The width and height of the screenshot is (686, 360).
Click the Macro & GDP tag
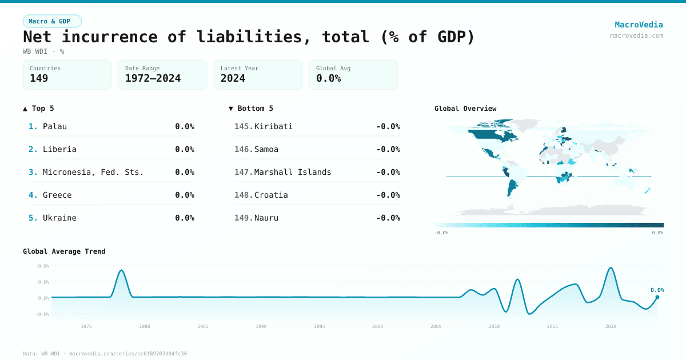pyautogui.click(x=52, y=21)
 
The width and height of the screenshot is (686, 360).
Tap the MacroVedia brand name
pyautogui.click(x=639, y=25)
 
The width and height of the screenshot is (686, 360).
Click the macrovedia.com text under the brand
pyautogui.click(x=636, y=35)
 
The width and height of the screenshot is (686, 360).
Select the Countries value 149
pyautogui.click(x=39, y=78)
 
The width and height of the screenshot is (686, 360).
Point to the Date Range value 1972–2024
pyautogui.click(x=153, y=78)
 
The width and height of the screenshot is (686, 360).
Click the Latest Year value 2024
pyautogui.click(x=233, y=78)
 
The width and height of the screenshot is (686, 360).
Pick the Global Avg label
pyautogui.click(x=333, y=69)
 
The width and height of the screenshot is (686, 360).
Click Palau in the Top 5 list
pyautogui.click(x=55, y=126)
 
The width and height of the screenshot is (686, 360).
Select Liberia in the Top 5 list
pyautogui.click(x=59, y=149)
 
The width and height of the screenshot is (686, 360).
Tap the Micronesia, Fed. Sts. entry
pyautogui.click(x=93, y=172)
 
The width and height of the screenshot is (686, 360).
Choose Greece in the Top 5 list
pyautogui.click(x=57, y=195)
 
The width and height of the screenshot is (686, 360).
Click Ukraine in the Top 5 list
pyautogui.click(x=59, y=218)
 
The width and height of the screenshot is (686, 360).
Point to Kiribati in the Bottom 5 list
pyautogui.click(x=273, y=126)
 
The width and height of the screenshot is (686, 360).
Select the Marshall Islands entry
pyautogui.click(x=293, y=172)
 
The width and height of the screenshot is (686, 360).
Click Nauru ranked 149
pyautogui.click(x=266, y=218)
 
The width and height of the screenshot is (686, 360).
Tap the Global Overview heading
pyautogui.click(x=465, y=109)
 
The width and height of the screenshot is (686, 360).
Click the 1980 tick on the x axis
pyautogui.click(x=145, y=326)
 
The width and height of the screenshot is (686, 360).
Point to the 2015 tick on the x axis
pyautogui.click(x=552, y=326)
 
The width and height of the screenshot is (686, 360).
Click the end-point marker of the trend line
pyautogui.click(x=657, y=297)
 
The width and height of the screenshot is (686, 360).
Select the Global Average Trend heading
pyautogui.click(x=64, y=251)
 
